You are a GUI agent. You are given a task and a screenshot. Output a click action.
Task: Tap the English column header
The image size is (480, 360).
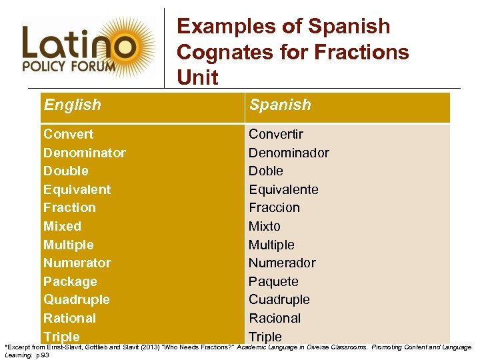(x=72, y=105)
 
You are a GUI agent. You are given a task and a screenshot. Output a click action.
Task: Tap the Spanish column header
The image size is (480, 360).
(x=280, y=105)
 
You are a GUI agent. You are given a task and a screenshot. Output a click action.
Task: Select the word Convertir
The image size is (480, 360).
(x=276, y=134)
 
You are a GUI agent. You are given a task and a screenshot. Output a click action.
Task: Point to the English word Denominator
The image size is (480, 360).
(x=84, y=153)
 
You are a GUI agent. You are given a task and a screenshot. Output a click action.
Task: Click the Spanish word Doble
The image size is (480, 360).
(x=266, y=171)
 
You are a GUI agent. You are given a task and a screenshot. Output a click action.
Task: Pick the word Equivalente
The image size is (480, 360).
(x=283, y=189)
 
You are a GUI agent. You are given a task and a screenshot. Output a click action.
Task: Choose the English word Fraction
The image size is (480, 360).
(x=69, y=207)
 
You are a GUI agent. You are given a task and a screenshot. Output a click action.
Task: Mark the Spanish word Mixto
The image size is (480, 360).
(x=265, y=226)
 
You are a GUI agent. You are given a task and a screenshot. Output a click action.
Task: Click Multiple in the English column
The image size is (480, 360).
(x=68, y=245)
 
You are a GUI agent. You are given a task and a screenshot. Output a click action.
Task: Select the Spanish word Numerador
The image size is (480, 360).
(x=282, y=263)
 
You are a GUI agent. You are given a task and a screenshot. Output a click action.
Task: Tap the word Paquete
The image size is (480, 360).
(x=273, y=281)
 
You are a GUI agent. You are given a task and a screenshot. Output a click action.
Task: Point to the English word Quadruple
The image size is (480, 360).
(x=76, y=299)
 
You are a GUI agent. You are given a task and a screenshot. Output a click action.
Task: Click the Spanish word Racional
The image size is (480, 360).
(x=275, y=318)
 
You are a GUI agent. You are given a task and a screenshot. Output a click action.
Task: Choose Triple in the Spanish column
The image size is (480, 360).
(x=265, y=337)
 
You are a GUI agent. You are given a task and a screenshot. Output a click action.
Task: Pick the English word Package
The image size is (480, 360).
(x=70, y=281)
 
